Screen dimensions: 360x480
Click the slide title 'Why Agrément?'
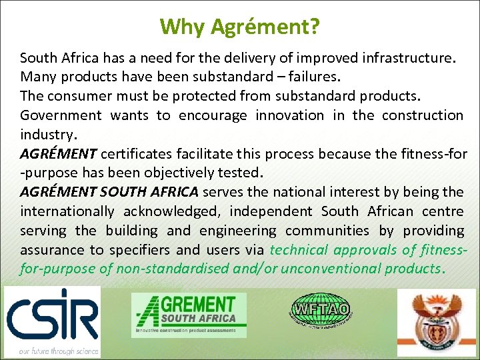(240, 27)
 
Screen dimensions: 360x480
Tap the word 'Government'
(61, 115)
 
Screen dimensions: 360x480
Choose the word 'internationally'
(67, 211)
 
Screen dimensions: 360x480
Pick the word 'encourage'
(211, 115)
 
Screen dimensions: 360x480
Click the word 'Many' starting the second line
(37, 77)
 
